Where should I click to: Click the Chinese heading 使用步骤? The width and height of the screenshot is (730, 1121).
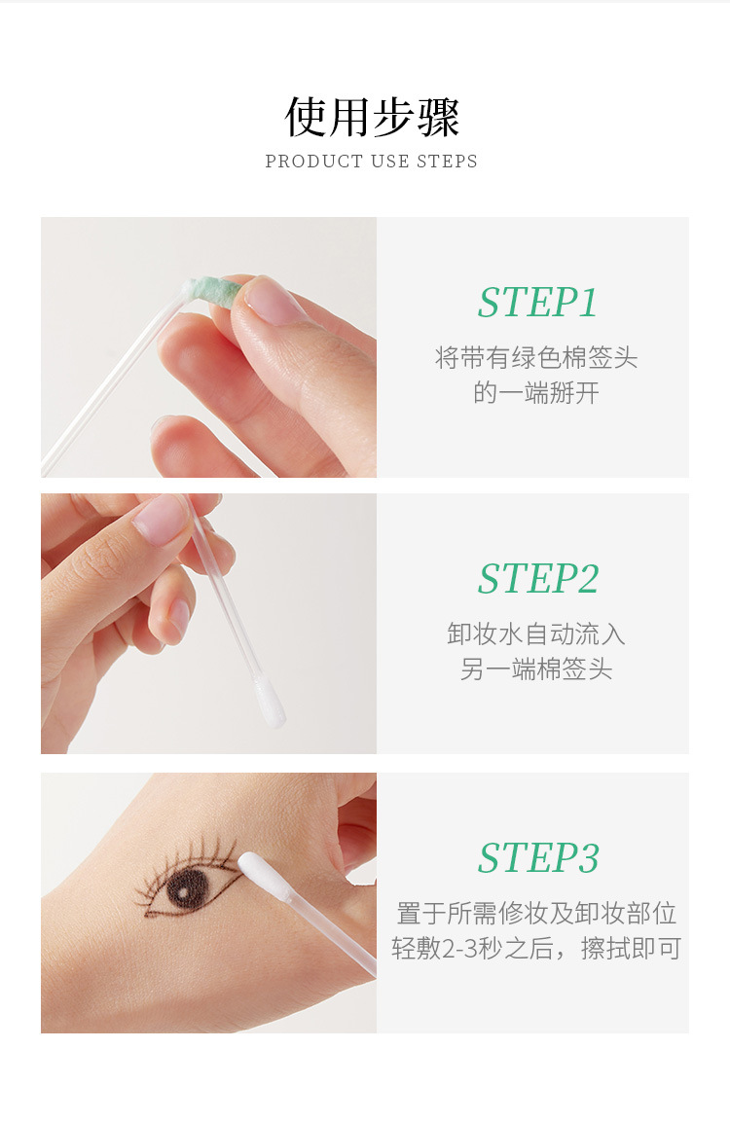[372, 117]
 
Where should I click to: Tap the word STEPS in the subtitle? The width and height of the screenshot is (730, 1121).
[448, 162]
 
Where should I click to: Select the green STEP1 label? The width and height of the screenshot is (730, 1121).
[537, 303]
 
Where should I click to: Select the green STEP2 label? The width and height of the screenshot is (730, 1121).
[537, 579]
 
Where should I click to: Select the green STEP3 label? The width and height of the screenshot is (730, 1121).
[537, 858]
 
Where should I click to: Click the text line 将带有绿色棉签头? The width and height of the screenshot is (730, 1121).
[536, 358]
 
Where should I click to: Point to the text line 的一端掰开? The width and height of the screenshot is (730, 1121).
[536, 393]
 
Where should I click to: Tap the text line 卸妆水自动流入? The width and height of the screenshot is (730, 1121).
[536, 634]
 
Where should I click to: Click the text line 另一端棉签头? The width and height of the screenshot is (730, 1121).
[536, 669]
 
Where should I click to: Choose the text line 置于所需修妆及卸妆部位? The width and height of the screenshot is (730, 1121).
[536, 914]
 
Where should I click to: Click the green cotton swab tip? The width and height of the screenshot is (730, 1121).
[214, 290]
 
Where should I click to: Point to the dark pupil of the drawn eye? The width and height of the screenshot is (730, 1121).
[188, 886]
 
